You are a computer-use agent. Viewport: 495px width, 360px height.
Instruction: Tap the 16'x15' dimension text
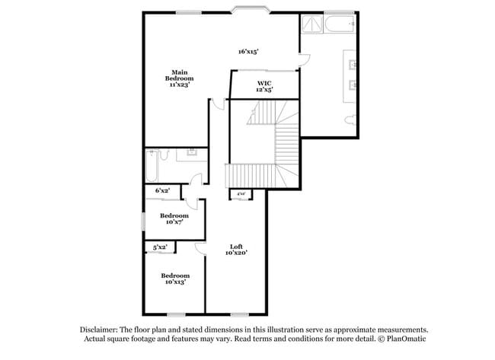pos(248,52)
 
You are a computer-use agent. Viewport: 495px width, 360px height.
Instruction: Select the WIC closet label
pos(264,85)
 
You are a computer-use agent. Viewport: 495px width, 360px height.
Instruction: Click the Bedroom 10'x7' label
pos(174,218)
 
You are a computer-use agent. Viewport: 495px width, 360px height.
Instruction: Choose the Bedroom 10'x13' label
pos(174,278)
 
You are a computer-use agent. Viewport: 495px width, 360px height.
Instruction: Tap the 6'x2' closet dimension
pos(162,190)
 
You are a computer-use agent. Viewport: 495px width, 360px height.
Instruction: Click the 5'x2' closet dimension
pos(160,247)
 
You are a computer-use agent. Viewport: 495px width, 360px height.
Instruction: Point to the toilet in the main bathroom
pos(350,119)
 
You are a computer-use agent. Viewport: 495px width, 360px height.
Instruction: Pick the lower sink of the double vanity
pos(353,84)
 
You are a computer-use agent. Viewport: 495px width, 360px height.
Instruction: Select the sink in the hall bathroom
pos(191,155)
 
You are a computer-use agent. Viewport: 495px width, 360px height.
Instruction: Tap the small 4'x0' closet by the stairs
pos(241,194)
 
